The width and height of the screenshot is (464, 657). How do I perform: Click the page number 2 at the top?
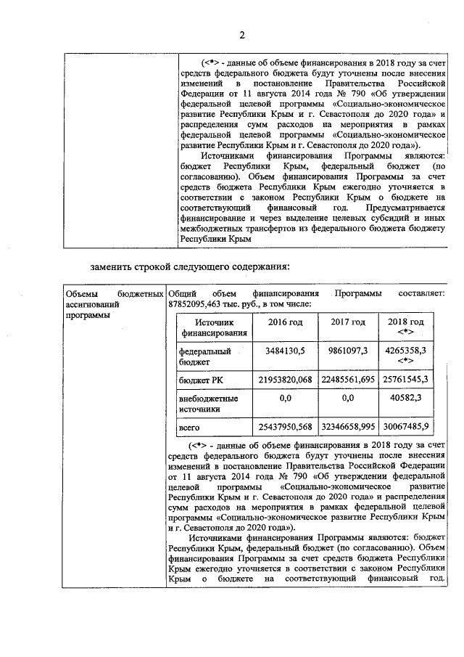pyautogui.click(x=243, y=35)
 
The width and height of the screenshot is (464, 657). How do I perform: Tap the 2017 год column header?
pyautogui.click(x=347, y=322)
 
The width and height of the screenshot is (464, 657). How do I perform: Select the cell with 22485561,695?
pyautogui.click(x=347, y=380)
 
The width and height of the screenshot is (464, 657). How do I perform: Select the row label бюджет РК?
pyautogui.click(x=200, y=380)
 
